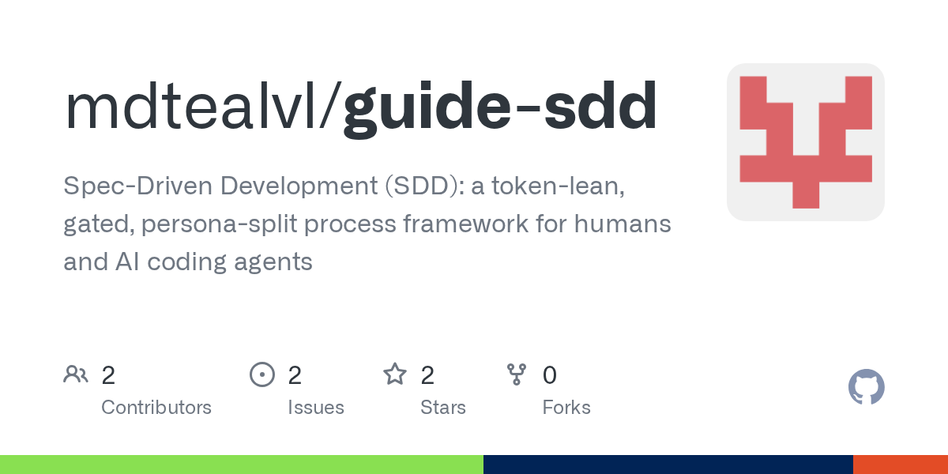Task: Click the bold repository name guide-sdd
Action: point(500,108)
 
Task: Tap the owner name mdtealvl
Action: point(191,106)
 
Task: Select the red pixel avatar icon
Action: point(805,142)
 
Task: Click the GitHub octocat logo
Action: point(867,387)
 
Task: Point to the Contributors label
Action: point(156,408)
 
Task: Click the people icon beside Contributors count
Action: point(76,374)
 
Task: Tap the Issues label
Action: point(316,408)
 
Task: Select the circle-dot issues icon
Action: point(262,374)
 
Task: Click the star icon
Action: point(395,374)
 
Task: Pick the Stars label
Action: point(442,408)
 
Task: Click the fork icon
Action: point(517,374)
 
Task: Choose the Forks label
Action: point(566,408)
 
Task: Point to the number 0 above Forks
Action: point(550,375)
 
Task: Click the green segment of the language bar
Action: point(242,465)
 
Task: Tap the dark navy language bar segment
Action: point(668,465)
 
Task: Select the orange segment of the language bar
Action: point(901,465)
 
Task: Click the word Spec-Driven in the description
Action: point(137,186)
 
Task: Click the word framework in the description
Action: point(465,224)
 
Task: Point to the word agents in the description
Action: point(273,262)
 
